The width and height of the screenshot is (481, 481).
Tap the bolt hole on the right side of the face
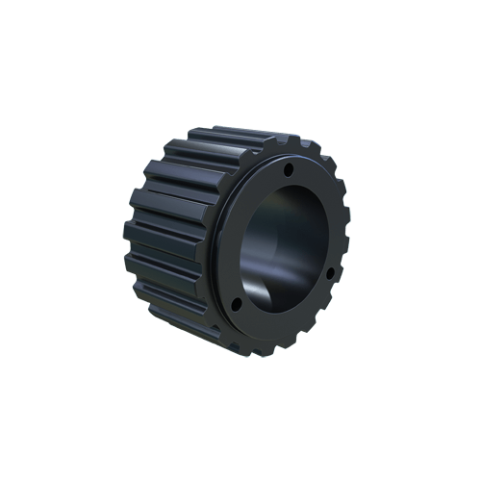tap(330, 273)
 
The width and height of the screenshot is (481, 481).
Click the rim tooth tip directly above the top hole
tap(289, 144)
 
